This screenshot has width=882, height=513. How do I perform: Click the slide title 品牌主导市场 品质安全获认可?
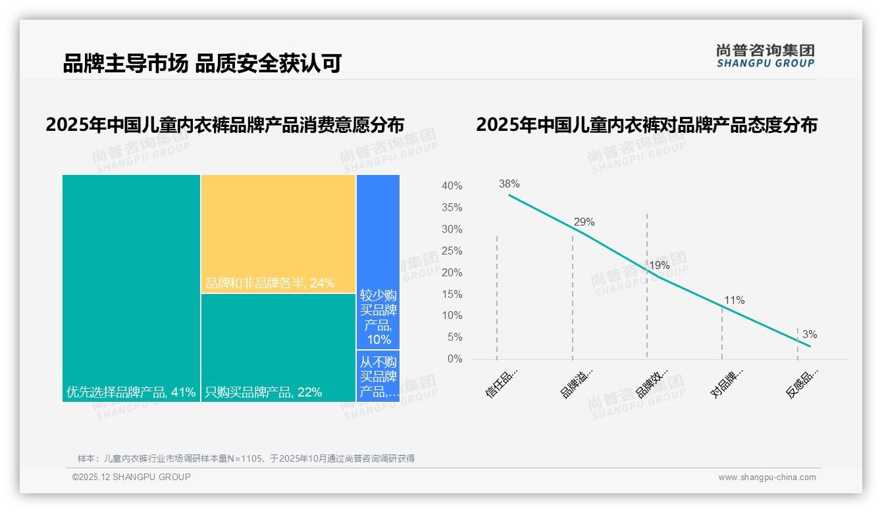click(202, 64)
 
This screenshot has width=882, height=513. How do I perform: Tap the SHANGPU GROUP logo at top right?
click(765, 56)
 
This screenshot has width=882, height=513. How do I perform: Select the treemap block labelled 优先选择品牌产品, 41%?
click(131, 287)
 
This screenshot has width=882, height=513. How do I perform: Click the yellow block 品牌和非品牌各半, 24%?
click(278, 233)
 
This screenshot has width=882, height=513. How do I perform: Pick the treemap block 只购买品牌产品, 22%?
click(278, 347)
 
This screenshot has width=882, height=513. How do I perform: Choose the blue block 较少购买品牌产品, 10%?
click(378, 262)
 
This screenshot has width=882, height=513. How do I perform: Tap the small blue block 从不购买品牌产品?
click(378, 376)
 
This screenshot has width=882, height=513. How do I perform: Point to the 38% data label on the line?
click(509, 183)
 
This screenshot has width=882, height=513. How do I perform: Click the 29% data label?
click(584, 222)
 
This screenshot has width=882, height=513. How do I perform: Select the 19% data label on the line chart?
click(659, 265)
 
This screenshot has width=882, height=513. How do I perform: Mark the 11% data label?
click(734, 300)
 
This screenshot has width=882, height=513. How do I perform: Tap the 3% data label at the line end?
click(810, 334)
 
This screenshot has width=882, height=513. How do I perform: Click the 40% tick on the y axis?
click(452, 186)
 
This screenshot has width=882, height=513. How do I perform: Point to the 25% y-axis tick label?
click(452, 251)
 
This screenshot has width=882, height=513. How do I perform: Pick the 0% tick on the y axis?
click(455, 358)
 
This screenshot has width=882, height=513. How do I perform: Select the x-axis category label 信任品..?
click(502, 383)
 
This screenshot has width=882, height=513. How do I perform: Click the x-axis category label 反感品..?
click(802, 383)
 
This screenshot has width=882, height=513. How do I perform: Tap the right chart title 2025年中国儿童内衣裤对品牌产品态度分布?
click(646, 125)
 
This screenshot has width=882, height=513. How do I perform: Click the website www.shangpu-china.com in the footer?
click(767, 477)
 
